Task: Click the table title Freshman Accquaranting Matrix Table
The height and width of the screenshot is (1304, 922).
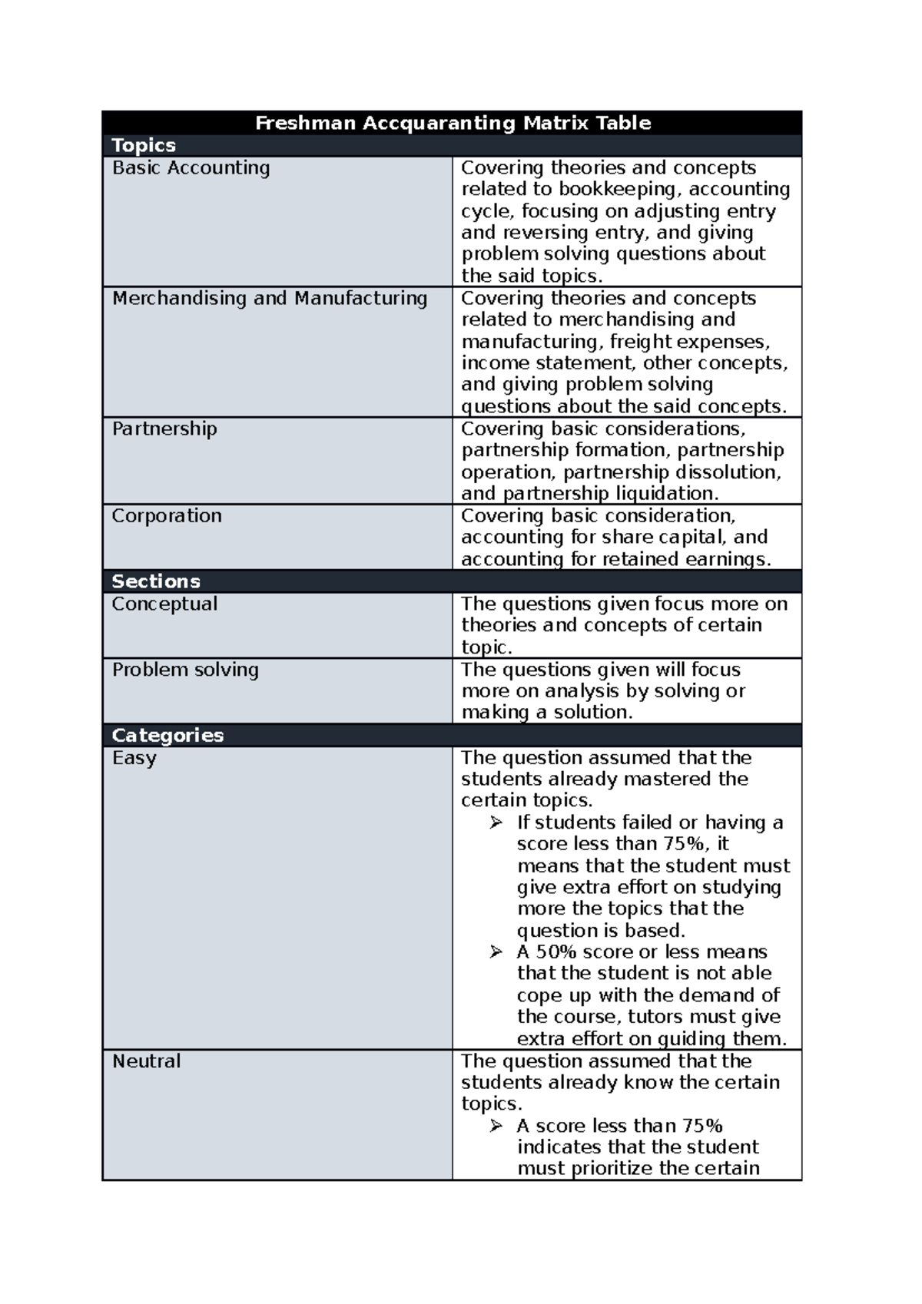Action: (x=453, y=123)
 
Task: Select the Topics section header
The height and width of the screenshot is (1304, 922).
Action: (x=144, y=145)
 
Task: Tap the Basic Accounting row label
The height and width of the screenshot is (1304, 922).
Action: (x=191, y=167)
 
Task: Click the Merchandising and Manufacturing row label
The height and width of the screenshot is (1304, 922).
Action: (x=270, y=298)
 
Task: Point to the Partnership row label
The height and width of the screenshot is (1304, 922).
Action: (x=164, y=429)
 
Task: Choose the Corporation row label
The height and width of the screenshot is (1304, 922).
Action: (x=167, y=515)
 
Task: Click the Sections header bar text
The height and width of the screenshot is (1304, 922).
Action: (x=156, y=581)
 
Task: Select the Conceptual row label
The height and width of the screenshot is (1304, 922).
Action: (x=164, y=604)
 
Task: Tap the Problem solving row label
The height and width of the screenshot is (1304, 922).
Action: (x=185, y=670)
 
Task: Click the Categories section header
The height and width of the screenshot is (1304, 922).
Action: (x=167, y=736)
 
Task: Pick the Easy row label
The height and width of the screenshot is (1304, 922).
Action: (x=134, y=758)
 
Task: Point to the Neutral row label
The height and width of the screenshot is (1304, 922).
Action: (x=146, y=1061)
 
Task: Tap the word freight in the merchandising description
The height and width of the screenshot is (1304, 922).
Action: (x=640, y=341)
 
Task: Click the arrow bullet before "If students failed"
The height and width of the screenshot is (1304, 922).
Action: (x=496, y=822)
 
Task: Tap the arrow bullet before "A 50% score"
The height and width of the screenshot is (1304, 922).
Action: (x=496, y=952)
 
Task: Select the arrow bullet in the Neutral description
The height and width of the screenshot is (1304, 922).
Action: (x=496, y=1126)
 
